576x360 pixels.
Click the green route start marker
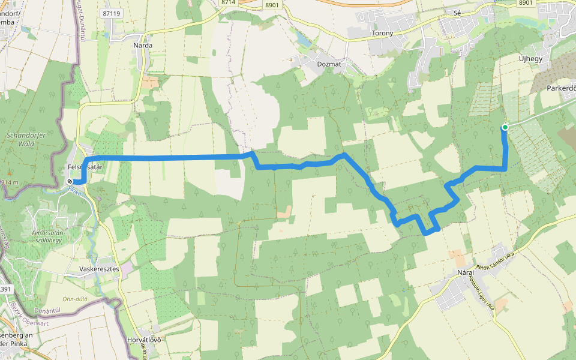[505, 127]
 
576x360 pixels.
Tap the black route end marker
[71, 182]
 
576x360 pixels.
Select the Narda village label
[143, 45]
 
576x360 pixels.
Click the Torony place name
[382, 33]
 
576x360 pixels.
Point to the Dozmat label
[329, 62]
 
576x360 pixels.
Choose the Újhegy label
[530, 58]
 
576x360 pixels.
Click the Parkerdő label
[561, 88]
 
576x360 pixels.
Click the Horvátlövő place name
[145, 340]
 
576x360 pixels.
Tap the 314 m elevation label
[10, 182]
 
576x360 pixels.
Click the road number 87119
[112, 13]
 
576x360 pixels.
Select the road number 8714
[228, 3]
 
